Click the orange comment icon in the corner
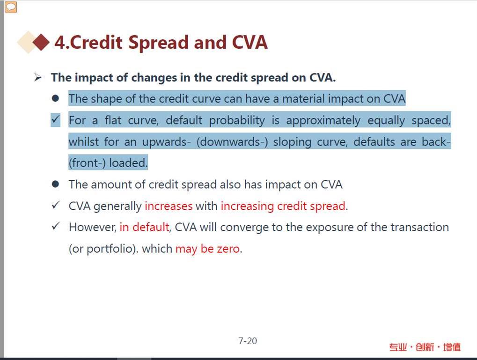click(11, 7)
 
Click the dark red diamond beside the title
click(41, 42)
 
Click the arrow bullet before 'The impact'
click(38, 78)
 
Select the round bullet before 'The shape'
click(55, 98)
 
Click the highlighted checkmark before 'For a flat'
click(56, 119)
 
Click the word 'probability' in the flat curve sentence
click(237, 120)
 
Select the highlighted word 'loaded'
click(128, 163)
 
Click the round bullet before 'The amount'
click(55, 184)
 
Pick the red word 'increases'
click(169, 206)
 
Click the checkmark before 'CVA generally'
click(56, 205)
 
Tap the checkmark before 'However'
click(56, 227)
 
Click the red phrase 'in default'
click(145, 227)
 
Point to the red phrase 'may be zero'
click(208, 249)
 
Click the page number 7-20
click(248, 341)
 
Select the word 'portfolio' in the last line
click(110, 249)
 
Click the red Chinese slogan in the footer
click(425, 346)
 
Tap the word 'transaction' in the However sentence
click(419, 227)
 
